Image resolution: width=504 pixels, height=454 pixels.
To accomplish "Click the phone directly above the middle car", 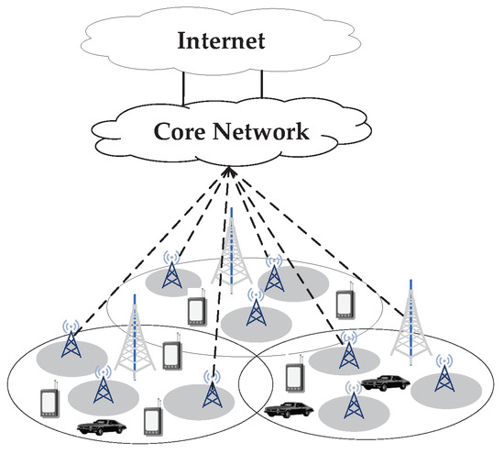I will click(x=295, y=377).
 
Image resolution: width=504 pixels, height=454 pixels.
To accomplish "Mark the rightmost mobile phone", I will click(x=345, y=305).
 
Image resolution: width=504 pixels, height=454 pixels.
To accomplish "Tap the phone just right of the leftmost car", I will click(x=152, y=415).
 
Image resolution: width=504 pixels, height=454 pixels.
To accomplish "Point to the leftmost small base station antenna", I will click(x=70, y=341).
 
